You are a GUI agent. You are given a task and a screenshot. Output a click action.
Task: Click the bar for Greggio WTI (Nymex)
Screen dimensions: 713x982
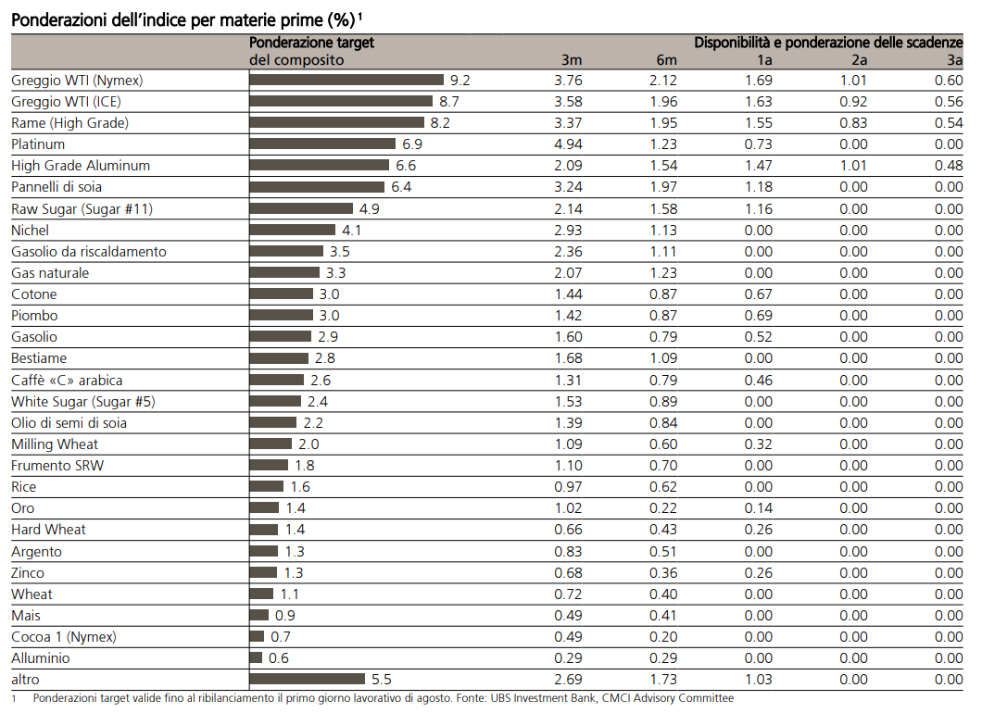point(346,81)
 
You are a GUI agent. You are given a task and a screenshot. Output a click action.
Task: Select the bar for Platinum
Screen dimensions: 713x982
point(322,144)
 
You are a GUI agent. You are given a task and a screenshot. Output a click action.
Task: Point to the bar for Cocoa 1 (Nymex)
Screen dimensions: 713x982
point(257,637)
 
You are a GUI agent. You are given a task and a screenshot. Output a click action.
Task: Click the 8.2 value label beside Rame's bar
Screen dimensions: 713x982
point(440,123)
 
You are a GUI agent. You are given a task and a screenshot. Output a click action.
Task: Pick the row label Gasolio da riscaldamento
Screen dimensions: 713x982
point(89,252)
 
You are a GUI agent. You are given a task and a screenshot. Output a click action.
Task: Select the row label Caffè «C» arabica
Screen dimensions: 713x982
point(67,381)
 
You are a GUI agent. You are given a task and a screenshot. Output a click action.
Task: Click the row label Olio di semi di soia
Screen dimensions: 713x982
point(69,423)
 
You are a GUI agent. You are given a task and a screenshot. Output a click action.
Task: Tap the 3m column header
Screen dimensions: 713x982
point(572,60)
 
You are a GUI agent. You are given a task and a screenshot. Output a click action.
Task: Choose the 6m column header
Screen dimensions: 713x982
point(667,60)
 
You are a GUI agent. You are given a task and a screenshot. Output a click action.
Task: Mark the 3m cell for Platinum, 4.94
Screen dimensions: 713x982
point(568,144)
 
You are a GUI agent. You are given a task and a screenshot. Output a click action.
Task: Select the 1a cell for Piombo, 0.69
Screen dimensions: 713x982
point(758,316)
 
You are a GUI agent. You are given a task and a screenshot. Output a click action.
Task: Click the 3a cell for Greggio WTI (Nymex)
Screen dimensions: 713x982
point(949,81)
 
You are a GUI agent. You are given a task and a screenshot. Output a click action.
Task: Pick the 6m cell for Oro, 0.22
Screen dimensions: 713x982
point(663,508)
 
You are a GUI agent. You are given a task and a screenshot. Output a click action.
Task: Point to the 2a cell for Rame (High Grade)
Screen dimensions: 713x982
point(853,123)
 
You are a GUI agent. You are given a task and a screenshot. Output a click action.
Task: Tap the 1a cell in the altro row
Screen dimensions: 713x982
point(758,680)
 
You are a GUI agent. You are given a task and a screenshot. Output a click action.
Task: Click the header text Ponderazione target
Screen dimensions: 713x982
point(311,43)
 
